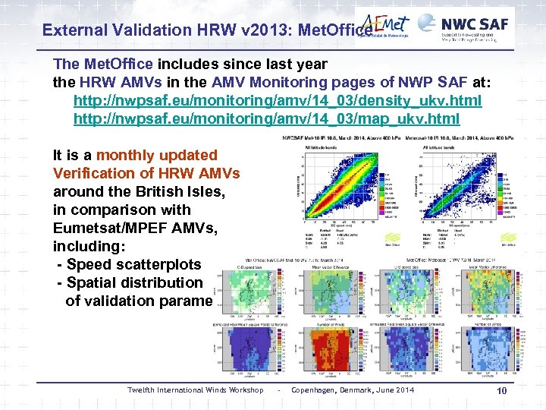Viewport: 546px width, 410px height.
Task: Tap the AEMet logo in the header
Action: pos(385,27)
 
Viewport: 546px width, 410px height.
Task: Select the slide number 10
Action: pos(501,390)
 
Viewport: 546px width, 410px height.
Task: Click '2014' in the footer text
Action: pos(404,390)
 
